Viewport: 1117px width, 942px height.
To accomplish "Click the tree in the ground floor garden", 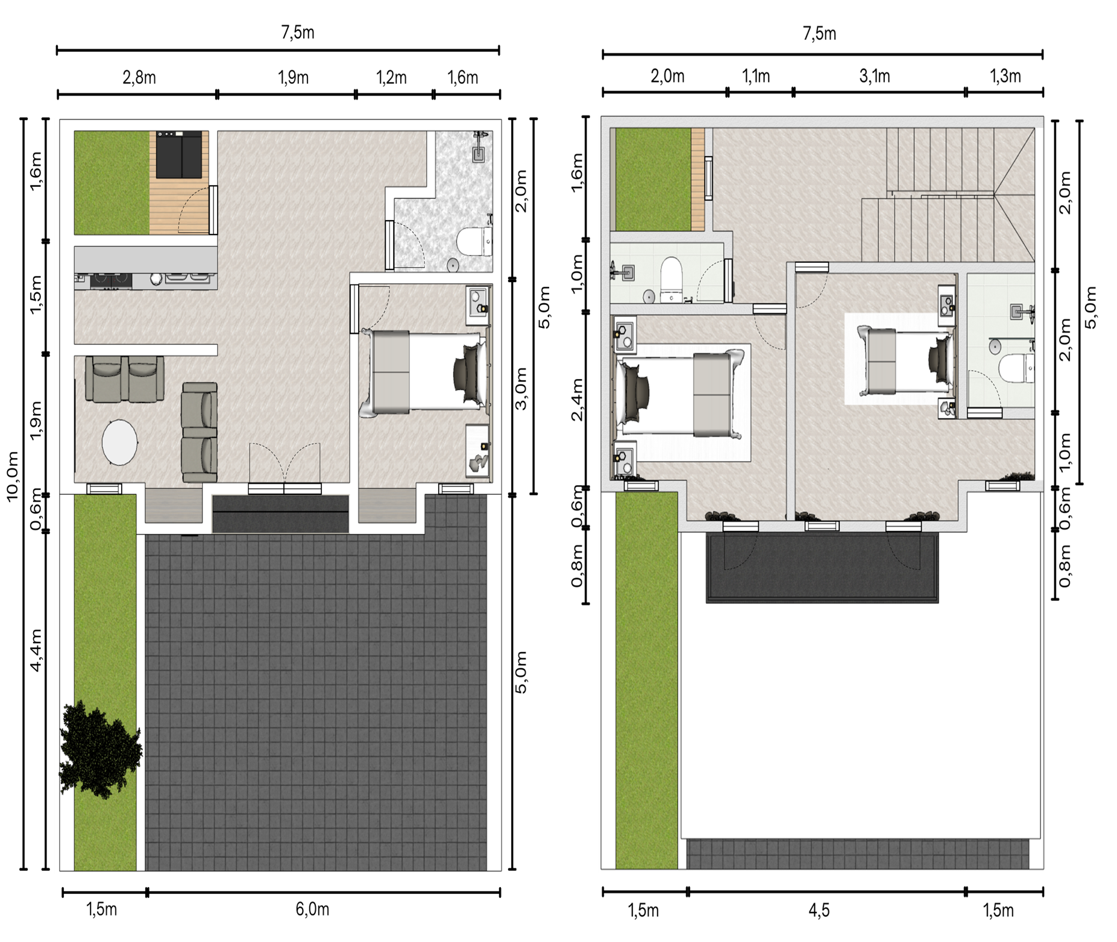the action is [100, 749].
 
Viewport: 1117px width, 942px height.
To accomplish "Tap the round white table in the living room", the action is [119, 442].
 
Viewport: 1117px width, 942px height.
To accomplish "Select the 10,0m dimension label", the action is [12, 476].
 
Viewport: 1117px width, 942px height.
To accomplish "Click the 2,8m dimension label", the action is [139, 78].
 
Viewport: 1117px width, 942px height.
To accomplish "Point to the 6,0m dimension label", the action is [312, 909].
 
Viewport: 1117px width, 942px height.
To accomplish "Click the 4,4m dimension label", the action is [36, 650].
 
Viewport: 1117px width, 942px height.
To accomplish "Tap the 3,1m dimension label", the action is [874, 77].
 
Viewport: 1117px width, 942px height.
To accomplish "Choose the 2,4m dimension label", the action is [577, 400].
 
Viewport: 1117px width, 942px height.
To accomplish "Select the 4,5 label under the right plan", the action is [819, 910].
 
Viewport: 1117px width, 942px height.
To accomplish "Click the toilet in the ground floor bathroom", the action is [474, 242].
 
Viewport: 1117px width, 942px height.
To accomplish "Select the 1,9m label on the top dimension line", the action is [293, 78].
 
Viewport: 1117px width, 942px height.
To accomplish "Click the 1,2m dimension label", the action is [391, 78].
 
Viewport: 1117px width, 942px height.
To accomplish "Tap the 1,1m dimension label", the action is [756, 77].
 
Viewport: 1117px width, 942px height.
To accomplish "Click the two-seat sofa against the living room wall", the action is [125, 378].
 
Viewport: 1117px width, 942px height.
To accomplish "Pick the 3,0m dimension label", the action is [521, 389].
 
